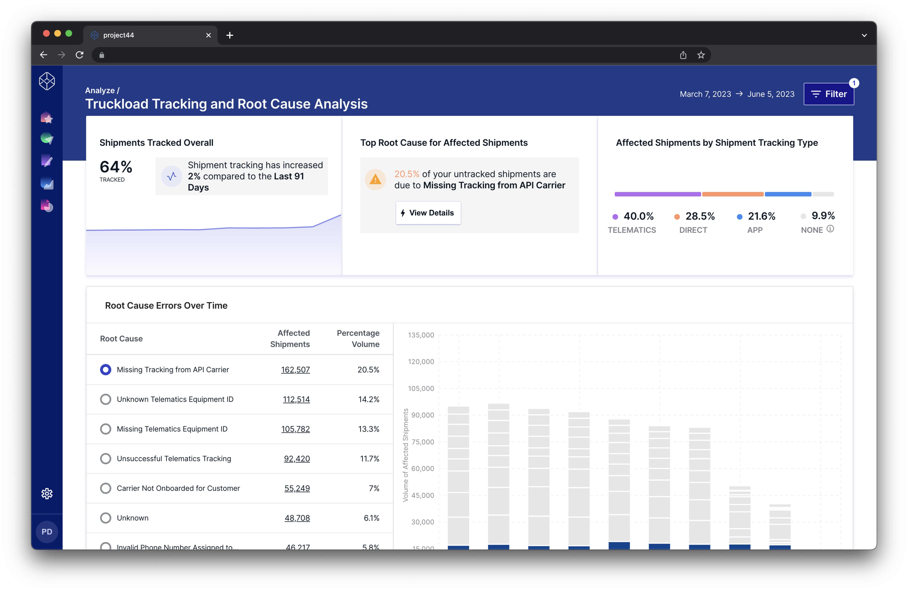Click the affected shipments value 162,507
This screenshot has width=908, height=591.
pos(295,370)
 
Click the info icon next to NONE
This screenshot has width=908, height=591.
pos(830,229)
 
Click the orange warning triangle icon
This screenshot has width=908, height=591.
pos(375,179)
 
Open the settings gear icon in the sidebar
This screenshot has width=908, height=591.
pos(47,494)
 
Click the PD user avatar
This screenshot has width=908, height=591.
pos(47,532)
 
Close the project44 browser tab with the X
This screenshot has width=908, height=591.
pos(208,35)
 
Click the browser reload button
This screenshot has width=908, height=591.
pos(79,55)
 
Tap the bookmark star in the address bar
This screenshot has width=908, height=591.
pos(701,55)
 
